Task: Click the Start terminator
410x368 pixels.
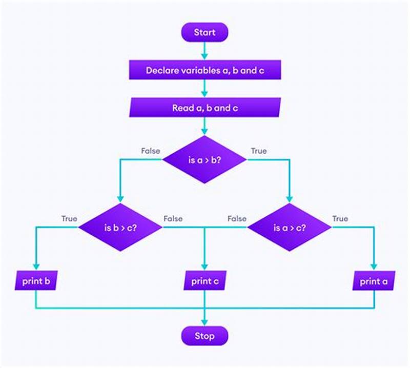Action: click(x=204, y=33)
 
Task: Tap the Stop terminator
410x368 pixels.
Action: click(x=204, y=336)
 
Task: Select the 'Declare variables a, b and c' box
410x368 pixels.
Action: click(x=204, y=70)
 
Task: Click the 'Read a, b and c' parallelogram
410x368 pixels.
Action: click(x=204, y=108)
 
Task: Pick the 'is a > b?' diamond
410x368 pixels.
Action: click(x=204, y=159)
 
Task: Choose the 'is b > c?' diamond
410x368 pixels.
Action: click(x=120, y=228)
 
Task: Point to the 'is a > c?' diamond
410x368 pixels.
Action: click(x=290, y=228)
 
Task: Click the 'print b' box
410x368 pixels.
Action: click(x=35, y=281)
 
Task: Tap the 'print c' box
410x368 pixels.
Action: click(x=204, y=281)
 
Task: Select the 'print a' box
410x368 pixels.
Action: click(x=374, y=281)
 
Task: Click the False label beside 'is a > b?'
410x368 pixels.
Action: click(x=150, y=151)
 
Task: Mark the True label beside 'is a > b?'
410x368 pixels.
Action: click(x=258, y=151)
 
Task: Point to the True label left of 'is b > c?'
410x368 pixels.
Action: click(x=69, y=219)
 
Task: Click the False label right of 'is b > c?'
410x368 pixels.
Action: click(x=173, y=219)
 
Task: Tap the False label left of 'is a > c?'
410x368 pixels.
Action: click(x=237, y=219)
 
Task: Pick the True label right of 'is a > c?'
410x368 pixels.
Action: click(x=340, y=219)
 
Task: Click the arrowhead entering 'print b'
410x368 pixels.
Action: click(x=35, y=267)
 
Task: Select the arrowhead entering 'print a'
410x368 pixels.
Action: click(x=374, y=267)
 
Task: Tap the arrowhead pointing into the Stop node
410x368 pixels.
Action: click(x=204, y=323)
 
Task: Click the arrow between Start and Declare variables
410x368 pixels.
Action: click(x=204, y=50)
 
